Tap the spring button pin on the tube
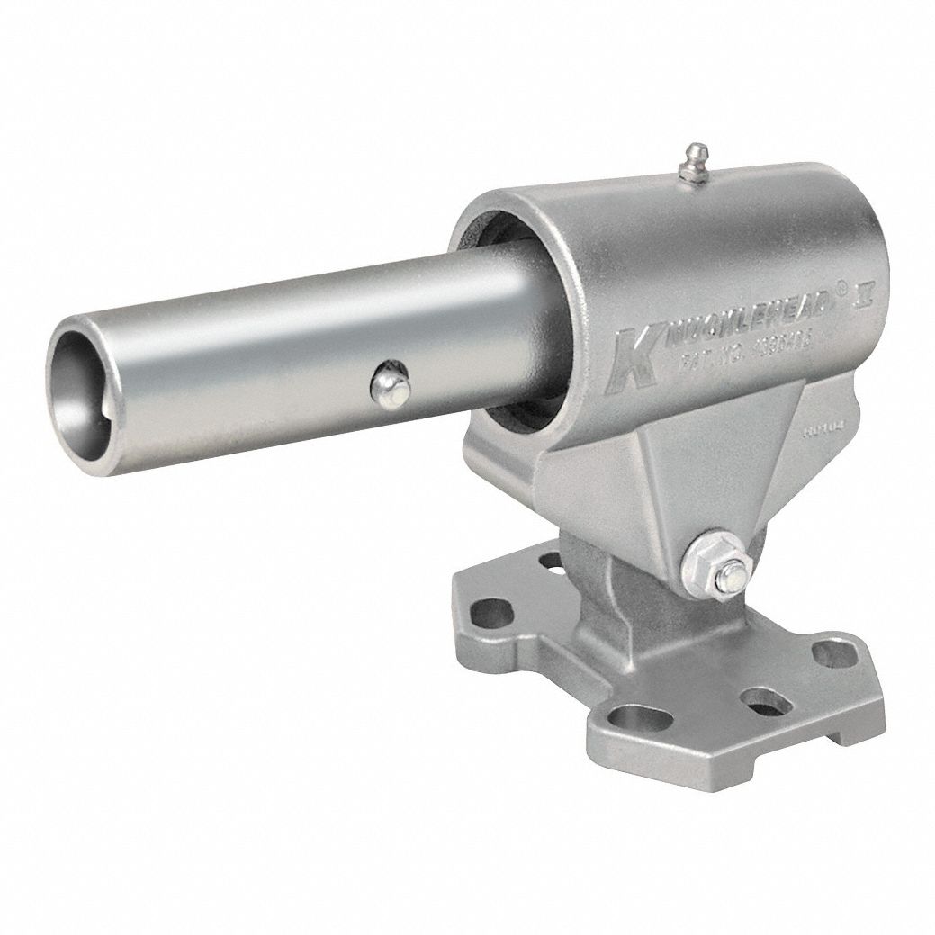tap(391, 385)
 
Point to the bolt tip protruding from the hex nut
tap(734, 575)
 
